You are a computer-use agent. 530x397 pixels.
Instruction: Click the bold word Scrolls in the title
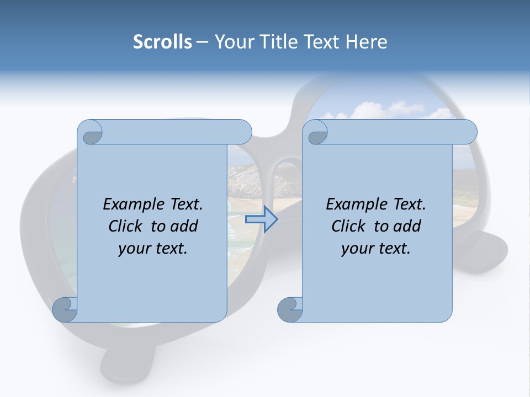(x=162, y=42)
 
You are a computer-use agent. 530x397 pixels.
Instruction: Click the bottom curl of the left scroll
(x=64, y=309)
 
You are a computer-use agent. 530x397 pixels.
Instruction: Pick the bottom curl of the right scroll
(x=289, y=309)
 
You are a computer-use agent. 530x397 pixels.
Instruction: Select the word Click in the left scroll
(x=126, y=226)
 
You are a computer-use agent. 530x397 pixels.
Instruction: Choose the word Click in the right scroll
(x=349, y=226)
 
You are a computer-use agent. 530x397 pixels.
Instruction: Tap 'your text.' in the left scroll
(x=153, y=248)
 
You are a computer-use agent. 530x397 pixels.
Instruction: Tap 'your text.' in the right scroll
(x=376, y=248)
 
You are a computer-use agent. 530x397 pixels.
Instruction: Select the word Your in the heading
(x=232, y=42)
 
